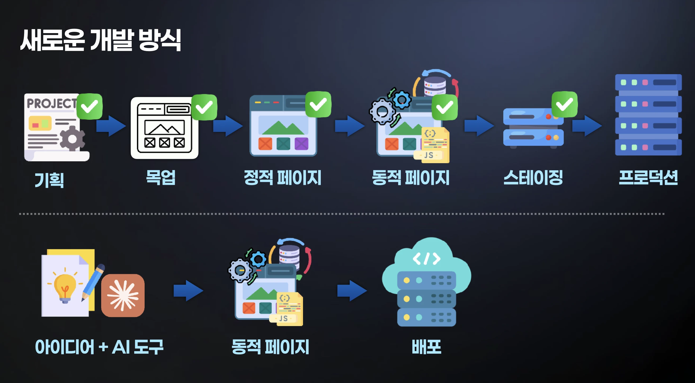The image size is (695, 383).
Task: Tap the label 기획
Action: (49, 180)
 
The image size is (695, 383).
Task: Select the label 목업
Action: (161, 177)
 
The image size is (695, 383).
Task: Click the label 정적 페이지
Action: (283, 177)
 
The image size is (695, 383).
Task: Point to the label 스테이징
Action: (533, 177)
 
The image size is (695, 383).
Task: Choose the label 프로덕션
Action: (648, 177)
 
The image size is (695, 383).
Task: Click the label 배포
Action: (426, 347)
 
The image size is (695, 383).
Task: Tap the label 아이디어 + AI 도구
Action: (99, 347)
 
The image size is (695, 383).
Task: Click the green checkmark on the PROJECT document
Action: (90, 106)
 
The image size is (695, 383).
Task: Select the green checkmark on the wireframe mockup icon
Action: (204, 107)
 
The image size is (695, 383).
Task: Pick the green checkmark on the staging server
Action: (564, 104)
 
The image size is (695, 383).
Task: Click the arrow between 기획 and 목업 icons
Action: (111, 126)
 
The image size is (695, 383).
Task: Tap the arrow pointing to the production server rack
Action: (587, 126)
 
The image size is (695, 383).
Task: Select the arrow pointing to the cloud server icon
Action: (352, 291)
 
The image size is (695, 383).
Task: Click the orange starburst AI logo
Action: (123, 295)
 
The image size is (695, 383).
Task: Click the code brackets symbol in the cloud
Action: (426, 259)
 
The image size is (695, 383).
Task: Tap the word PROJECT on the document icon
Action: (52, 103)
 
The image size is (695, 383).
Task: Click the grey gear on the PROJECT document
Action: (72, 139)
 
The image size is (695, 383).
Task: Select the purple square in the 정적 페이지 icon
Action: (301, 144)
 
